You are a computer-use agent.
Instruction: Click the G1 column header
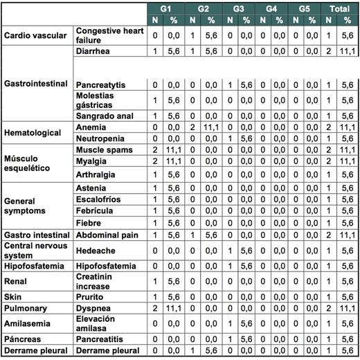pos(165,8)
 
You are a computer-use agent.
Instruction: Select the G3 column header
pos(237,8)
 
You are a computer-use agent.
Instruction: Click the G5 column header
pos(305,8)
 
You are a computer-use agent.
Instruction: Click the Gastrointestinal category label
pos(35,84)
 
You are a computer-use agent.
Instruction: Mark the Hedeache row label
pos(97,251)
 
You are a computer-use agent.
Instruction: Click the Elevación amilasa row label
pos(97,323)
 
